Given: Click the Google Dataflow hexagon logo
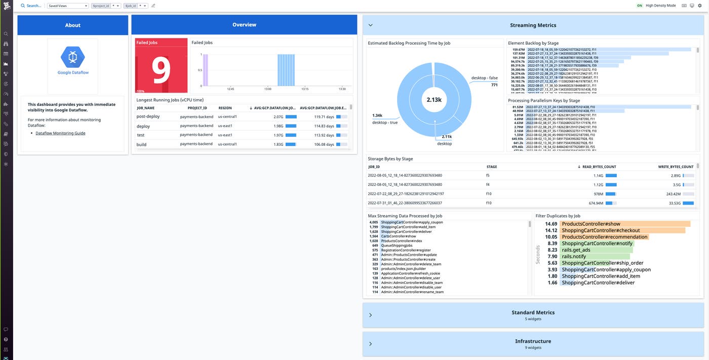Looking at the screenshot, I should point(73,57).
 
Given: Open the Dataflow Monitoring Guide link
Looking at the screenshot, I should point(60,133).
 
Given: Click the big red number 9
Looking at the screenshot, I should point(161,71).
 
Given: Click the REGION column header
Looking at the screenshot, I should point(225,108).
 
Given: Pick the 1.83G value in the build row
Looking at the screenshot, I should point(278,144).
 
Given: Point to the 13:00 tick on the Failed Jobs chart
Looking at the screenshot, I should point(268,89).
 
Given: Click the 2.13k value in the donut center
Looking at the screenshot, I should point(434,100).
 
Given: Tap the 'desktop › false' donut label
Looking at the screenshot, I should point(484,78).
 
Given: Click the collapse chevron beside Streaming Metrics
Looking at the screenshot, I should point(370,25).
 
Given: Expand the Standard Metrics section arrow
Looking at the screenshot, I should point(370,315).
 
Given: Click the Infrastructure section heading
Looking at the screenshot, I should point(533,341).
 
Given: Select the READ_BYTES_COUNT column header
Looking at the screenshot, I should point(599,167).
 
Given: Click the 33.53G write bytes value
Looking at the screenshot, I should point(674,203).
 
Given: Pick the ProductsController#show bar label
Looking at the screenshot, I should point(590,224).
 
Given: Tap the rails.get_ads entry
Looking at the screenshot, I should point(576,250).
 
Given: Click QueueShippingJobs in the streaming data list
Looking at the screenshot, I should point(397,246).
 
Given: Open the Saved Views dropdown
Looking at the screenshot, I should point(68,6).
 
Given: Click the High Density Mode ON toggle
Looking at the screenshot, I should point(639,6).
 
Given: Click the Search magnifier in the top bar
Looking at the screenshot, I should point(23,6).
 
